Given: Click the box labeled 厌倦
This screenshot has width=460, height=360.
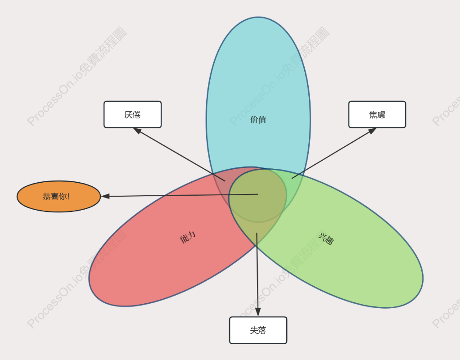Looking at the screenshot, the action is (133, 114).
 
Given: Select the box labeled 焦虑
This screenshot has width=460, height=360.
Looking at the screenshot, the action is (377, 114).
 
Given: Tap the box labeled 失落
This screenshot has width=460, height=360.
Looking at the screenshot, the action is (258, 330).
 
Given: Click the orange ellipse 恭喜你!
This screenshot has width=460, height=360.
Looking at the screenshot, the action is (59, 196).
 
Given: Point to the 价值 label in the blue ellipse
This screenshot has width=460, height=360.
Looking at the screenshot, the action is (258, 119).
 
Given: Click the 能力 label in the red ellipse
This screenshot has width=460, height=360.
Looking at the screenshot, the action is (188, 237).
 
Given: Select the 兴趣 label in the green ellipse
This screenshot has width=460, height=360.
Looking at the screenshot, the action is (325, 239).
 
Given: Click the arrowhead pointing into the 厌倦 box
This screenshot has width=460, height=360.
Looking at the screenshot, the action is (137, 131).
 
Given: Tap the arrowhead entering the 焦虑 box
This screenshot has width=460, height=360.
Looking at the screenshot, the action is (372, 131).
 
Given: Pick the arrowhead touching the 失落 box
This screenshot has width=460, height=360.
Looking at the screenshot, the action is (258, 312).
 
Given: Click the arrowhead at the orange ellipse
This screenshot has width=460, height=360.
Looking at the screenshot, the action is (105, 196).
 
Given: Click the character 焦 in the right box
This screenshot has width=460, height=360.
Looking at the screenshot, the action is (373, 114).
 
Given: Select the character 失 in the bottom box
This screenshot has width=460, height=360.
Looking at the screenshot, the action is (254, 330).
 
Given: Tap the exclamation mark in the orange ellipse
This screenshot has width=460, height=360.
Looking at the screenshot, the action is (68, 196).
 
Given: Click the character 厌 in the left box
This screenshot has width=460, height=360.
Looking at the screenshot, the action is (128, 114).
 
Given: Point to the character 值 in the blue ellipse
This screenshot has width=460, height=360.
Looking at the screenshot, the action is (262, 119).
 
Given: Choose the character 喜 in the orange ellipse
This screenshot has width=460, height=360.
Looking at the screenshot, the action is (54, 196).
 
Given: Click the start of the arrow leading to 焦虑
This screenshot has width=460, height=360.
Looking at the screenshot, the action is (292, 178).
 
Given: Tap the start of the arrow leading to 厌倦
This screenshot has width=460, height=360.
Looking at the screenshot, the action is (225, 181).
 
